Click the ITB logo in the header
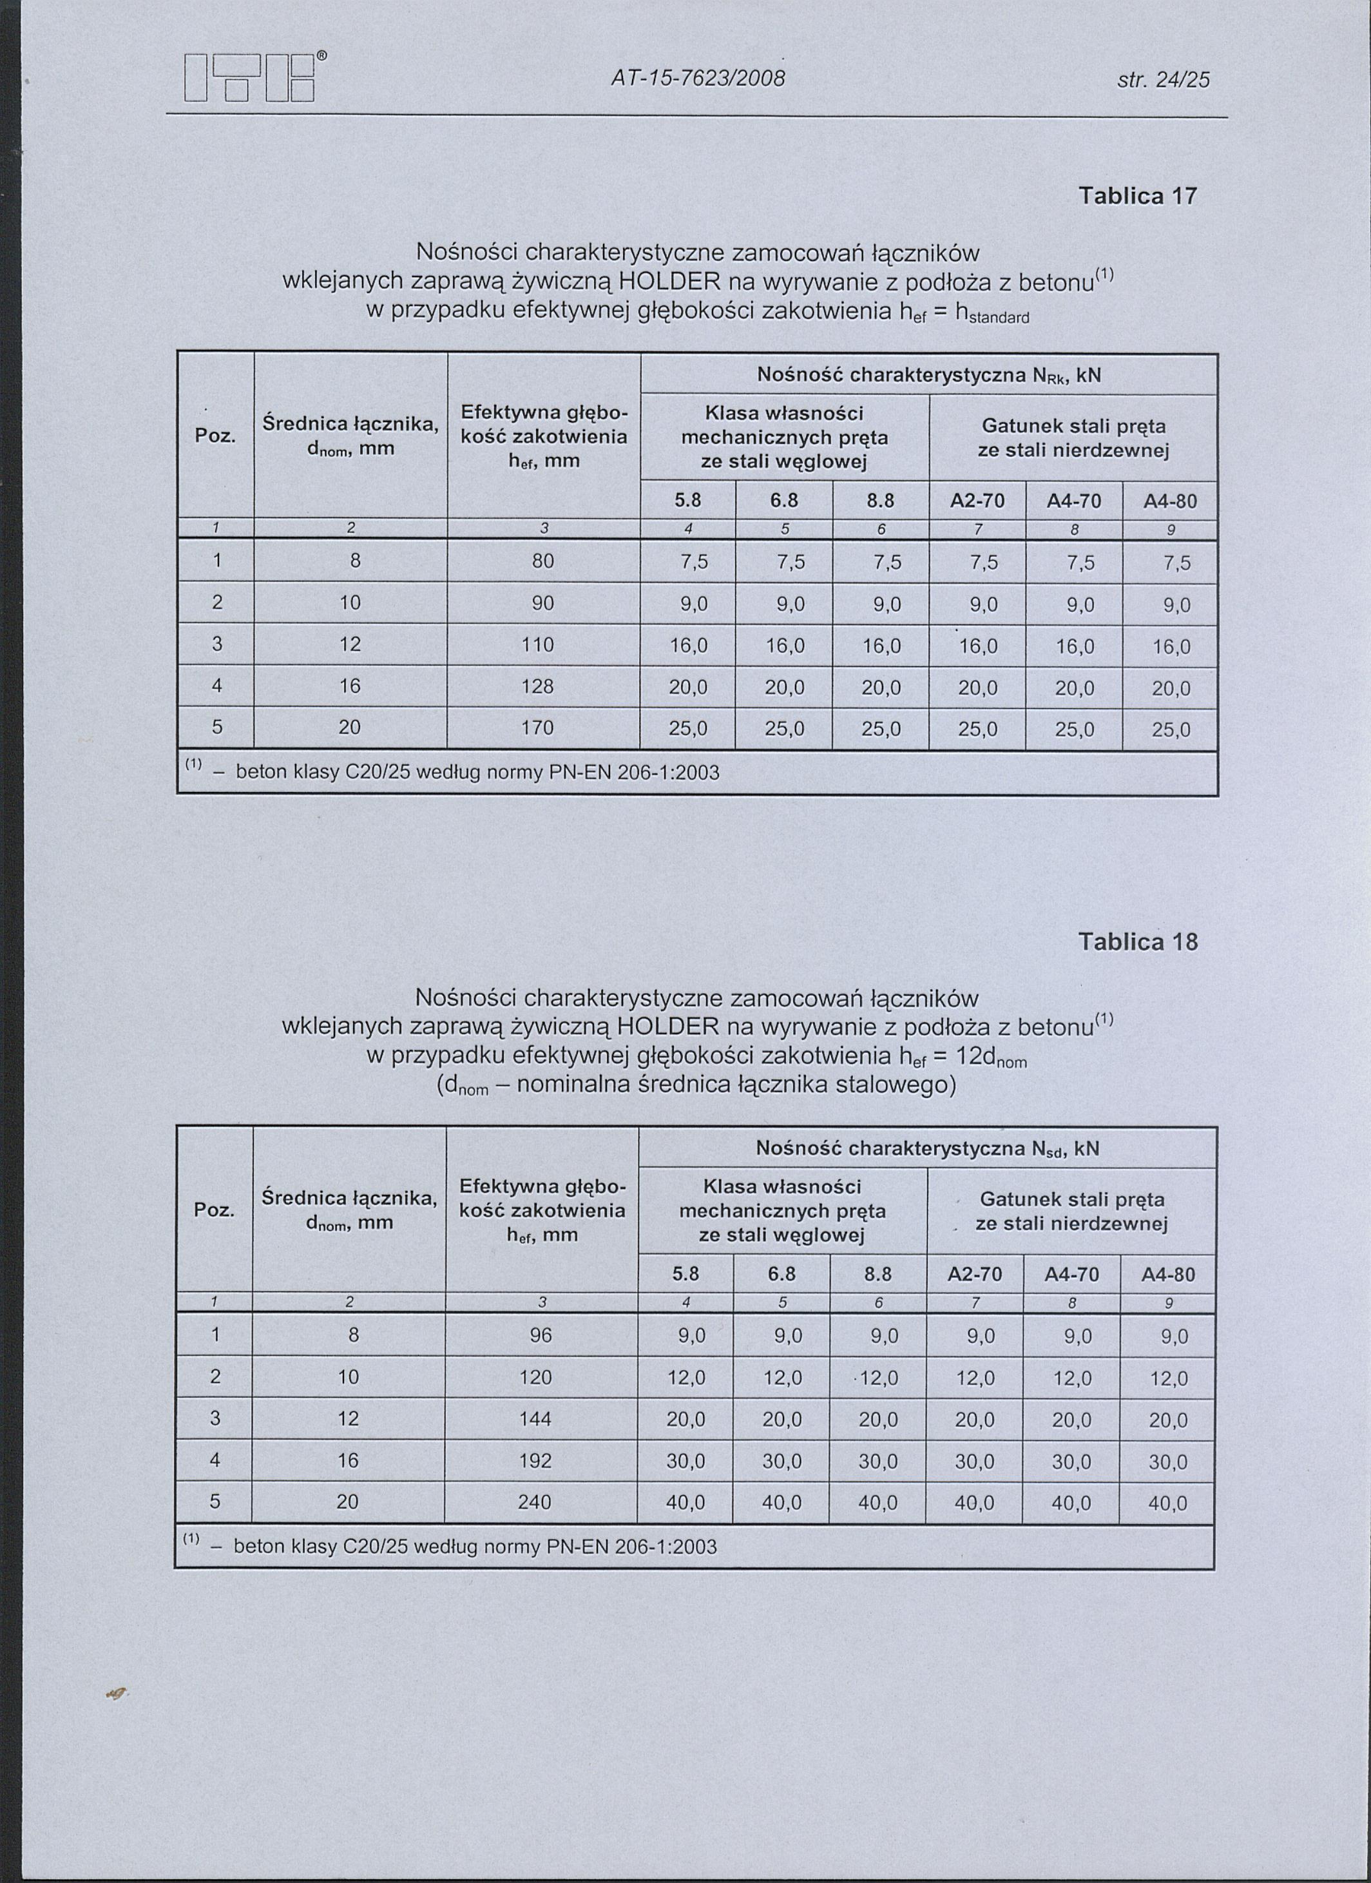251,77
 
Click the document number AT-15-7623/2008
697,79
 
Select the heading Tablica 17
1137,196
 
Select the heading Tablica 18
1137,941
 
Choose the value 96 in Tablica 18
541,1335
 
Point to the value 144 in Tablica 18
535,1419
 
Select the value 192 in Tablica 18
535,1460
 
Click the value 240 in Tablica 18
535,1502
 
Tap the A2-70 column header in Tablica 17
977,501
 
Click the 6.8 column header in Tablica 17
783,501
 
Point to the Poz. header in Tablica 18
214,1210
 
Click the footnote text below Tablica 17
477,773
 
